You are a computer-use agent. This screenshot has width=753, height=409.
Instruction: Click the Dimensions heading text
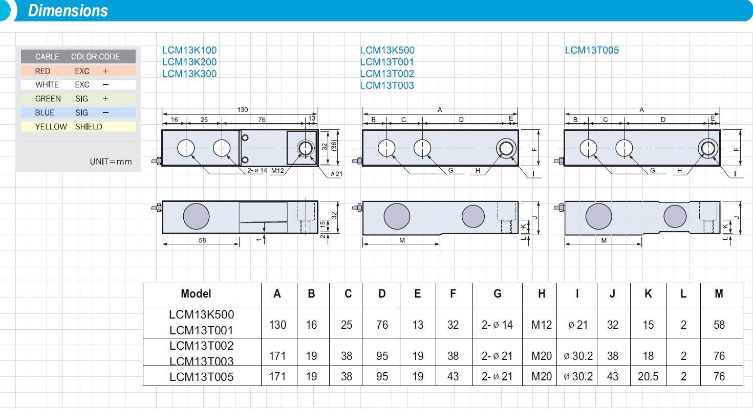click(68, 11)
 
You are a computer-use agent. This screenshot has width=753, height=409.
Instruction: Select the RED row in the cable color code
click(78, 71)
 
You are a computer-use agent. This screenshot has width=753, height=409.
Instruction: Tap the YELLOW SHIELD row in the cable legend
click(78, 127)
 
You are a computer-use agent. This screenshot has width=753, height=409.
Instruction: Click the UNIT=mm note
click(111, 162)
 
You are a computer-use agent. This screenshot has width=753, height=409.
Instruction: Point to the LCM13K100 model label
click(189, 50)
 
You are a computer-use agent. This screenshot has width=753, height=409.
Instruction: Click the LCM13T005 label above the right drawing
click(592, 50)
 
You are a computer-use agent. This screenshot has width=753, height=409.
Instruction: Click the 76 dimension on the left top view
click(262, 120)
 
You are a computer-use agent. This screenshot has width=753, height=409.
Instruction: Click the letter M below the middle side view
click(402, 240)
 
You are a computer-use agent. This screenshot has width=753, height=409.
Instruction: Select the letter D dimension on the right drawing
click(663, 120)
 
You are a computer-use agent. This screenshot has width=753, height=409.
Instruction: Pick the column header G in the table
click(497, 294)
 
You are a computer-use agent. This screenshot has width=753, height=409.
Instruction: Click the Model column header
click(196, 294)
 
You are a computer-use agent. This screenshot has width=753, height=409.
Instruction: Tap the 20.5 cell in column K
click(648, 376)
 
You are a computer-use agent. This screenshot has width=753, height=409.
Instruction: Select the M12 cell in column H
click(541, 325)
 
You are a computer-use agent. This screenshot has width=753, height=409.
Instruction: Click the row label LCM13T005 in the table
click(201, 377)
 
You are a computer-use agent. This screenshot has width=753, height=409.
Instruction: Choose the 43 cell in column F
click(453, 376)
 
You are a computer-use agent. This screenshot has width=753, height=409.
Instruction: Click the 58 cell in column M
click(719, 325)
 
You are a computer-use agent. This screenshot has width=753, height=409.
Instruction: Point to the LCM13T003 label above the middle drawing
click(386, 85)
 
